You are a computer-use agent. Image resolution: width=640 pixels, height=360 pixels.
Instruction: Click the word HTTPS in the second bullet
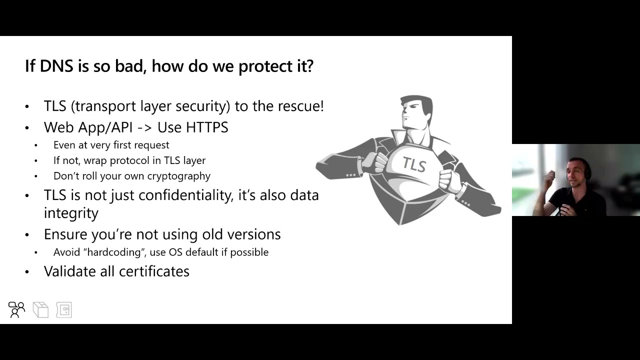[x=207, y=127]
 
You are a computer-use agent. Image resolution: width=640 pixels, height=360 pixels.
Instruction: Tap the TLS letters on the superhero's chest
[x=414, y=164]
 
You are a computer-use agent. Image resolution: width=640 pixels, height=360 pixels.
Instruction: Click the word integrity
[x=71, y=213]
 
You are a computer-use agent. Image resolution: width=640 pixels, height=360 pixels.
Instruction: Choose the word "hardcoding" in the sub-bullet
[x=116, y=252]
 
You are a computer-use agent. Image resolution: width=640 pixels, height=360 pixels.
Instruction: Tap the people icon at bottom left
[x=16, y=310]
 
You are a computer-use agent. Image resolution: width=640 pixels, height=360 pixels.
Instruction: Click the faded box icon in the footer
[x=40, y=310]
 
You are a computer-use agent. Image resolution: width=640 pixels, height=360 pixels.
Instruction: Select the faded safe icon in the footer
[x=64, y=310]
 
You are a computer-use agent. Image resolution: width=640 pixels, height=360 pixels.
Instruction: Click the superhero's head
[x=416, y=112]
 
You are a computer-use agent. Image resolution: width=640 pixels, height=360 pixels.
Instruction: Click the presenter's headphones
[x=588, y=170]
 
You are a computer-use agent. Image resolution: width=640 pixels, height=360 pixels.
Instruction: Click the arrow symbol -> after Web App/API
[x=144, y=128]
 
